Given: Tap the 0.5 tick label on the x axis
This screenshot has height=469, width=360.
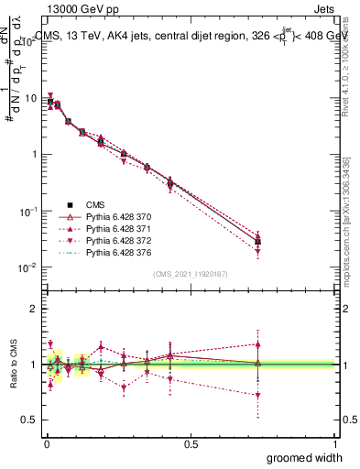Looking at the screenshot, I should [x=191, y=442].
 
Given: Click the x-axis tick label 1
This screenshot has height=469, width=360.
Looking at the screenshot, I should [x=335, y=442].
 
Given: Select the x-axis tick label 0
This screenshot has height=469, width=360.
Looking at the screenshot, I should [x=46, y=442].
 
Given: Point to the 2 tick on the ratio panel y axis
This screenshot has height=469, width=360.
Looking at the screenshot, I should [x=34, y=309].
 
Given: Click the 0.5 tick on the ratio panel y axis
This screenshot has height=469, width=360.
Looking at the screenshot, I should [x=29, y=420].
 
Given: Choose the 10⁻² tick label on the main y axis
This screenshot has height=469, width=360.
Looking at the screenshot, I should [x=28, y=267].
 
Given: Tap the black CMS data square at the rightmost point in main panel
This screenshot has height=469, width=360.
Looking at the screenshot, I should [x=258, y=242].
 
